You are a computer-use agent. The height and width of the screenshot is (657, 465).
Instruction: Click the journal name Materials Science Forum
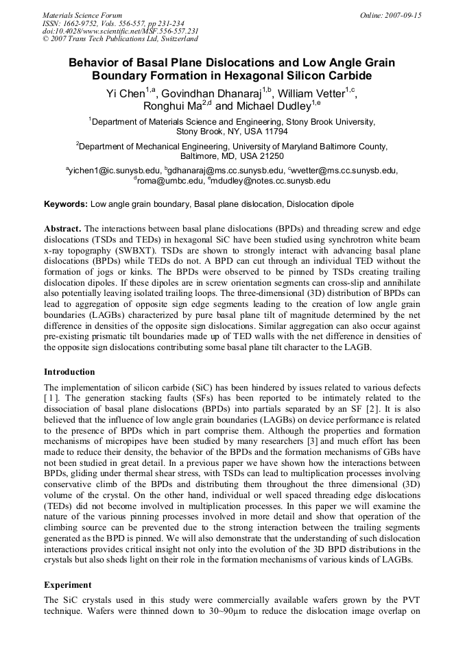click(x=82, y=15)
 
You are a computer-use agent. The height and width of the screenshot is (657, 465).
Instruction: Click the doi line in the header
click(x=120, y=31)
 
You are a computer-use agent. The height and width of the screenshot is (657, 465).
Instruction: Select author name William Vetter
click(x=311, y=94)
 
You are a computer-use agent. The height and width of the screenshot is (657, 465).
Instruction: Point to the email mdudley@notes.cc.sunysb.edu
click(x=274, y=181)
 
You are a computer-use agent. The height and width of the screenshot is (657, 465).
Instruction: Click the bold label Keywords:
click(x=66, y=204)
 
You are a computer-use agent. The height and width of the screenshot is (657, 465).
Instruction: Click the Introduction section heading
click(x=69, y=372)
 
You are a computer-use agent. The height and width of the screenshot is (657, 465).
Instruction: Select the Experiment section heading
click(x=68, y=585)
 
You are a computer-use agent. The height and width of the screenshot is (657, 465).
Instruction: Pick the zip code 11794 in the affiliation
click(x=274, y=131)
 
